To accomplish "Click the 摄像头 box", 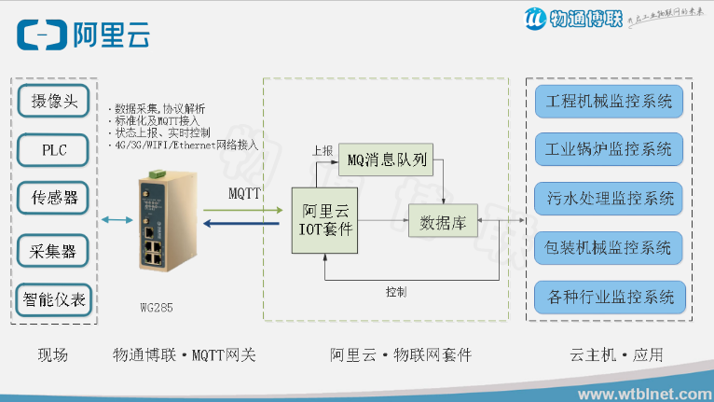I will (54, 100).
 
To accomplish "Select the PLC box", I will (54, 149).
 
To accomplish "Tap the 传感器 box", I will (54, 199).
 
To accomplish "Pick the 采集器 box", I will (54, 249).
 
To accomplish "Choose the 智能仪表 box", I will (54, 299).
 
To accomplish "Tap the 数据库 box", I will (443, 223).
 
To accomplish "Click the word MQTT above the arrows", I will (244, 192).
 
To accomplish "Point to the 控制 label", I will (395, 292).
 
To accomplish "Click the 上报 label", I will (322, 149).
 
